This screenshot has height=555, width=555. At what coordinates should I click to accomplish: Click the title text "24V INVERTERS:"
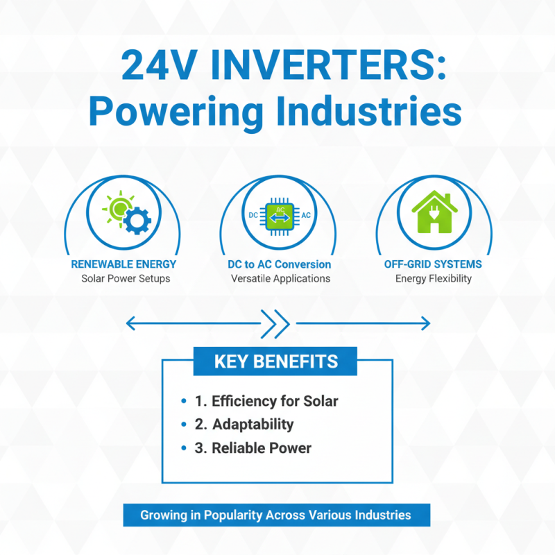pyautogui.click(x=277, y=67)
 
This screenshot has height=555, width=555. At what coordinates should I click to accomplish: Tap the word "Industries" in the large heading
pyautogui.click(x=367, y=111)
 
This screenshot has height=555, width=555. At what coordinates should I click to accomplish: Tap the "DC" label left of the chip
pyautogui.click(x=253, y=216)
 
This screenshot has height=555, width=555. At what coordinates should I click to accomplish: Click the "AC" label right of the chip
pyautogui.click(x=306, y=216)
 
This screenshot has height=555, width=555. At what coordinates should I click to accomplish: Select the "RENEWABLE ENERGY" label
pyautogui.click(x=123, y=264)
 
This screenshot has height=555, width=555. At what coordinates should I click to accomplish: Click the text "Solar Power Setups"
pyautogui.click(x=123, y=279)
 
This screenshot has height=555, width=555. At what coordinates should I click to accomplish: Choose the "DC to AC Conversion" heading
pyautogui.click(x=280, y=264)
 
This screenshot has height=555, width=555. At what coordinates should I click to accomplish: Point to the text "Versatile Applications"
pyautogui.click(x=280, y=279)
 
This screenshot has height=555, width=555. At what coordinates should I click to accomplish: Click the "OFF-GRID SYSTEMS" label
pyautogui.click(x=433, y=264)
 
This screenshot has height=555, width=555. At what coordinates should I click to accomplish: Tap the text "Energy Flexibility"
pyautogui.click(x=433, y=279)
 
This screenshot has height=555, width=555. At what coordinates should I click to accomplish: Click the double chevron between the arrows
pyautogui.click(x=277, y=323)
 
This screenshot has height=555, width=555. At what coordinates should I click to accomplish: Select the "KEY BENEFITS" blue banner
pyautogui.click(x=275, y=361)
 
